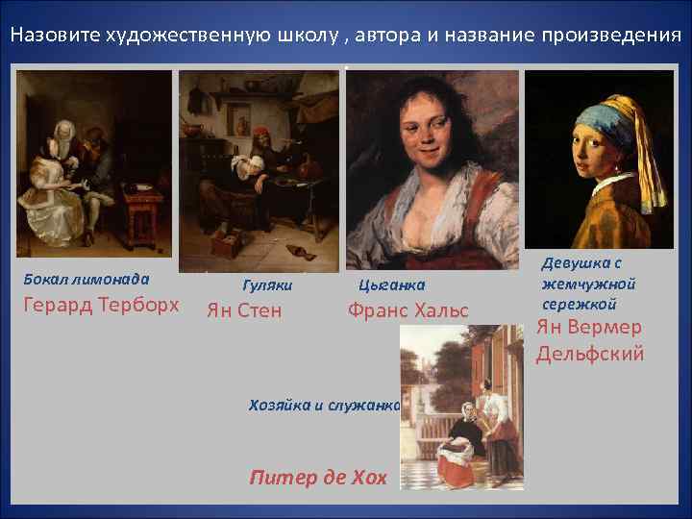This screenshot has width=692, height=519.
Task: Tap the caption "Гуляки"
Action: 267,284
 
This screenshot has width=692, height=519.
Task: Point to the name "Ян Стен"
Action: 245,309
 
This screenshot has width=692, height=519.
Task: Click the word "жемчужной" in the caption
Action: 588,284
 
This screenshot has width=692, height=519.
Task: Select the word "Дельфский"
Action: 589,353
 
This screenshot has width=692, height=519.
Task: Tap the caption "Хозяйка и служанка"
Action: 324,405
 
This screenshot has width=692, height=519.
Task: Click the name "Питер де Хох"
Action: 317,476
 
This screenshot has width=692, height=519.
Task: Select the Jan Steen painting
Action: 259,171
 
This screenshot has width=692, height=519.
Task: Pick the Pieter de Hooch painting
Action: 462,408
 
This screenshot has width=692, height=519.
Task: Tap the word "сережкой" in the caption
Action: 578,303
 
